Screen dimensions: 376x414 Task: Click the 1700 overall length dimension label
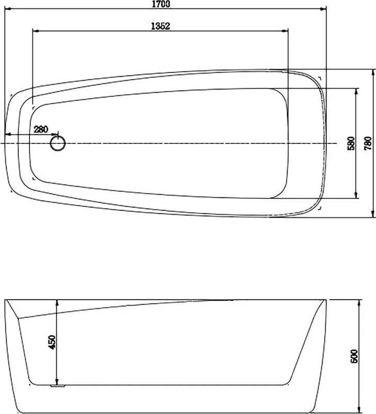[161, 4]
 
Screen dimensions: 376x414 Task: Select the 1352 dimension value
[161, 26]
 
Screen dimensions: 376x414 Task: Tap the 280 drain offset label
[41, 129]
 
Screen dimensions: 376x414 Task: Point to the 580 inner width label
[351, 143]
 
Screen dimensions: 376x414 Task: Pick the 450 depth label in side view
[52, 342]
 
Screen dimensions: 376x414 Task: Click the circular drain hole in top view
[58, 143]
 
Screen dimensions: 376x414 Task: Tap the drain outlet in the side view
[58, 386]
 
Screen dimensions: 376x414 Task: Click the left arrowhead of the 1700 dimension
[8, 9]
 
